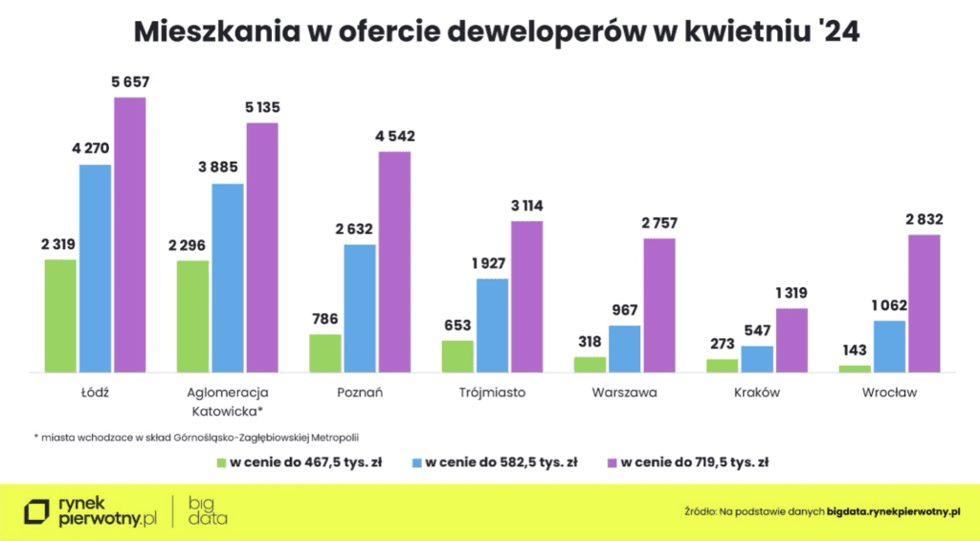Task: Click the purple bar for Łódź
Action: (130, 235)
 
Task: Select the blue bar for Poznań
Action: (360, 307)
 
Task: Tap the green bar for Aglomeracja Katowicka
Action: (192, 316)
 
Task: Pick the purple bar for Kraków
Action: (791, 340)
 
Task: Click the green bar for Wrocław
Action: (855, 369)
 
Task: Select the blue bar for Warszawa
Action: (625, 349)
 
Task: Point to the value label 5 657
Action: (130, 82)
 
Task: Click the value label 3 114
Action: (526, 206)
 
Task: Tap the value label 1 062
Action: (888, 305)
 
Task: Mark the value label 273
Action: (722, 344)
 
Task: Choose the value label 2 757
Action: (658, 223)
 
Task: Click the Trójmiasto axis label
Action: (492, 393)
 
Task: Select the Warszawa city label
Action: (624, 393)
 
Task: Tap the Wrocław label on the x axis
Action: (888, 393)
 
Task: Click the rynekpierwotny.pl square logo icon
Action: (37, 511)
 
